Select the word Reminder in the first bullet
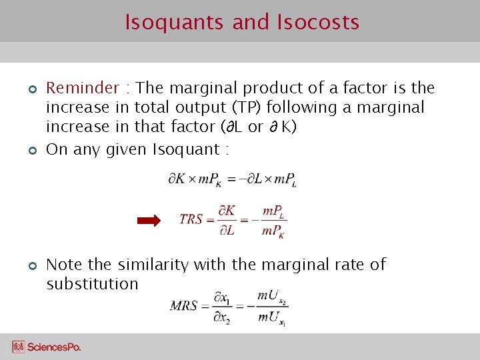tap(82, 88)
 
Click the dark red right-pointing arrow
tap(149, 221)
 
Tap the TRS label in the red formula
tap(191, 219)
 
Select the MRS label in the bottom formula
tap(183, 306)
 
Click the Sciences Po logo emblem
tap(18, 347)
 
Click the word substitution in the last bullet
tap(92, 284)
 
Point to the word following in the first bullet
tap(312, 107)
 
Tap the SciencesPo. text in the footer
tap(54, 347)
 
